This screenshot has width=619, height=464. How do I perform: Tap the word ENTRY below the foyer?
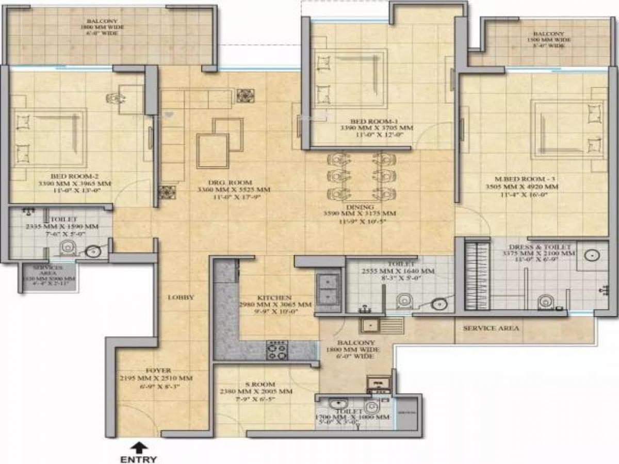pos(138,458)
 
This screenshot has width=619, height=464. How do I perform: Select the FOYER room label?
pos(158,370)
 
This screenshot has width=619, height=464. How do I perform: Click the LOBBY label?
pos(181,297)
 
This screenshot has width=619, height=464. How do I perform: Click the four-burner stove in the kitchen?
pos(276,351)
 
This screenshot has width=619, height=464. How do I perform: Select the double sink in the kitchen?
pos(328,289)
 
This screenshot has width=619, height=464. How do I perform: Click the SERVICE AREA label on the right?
pos(491,328)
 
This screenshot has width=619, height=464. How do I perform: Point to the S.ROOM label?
pos(260,384)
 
